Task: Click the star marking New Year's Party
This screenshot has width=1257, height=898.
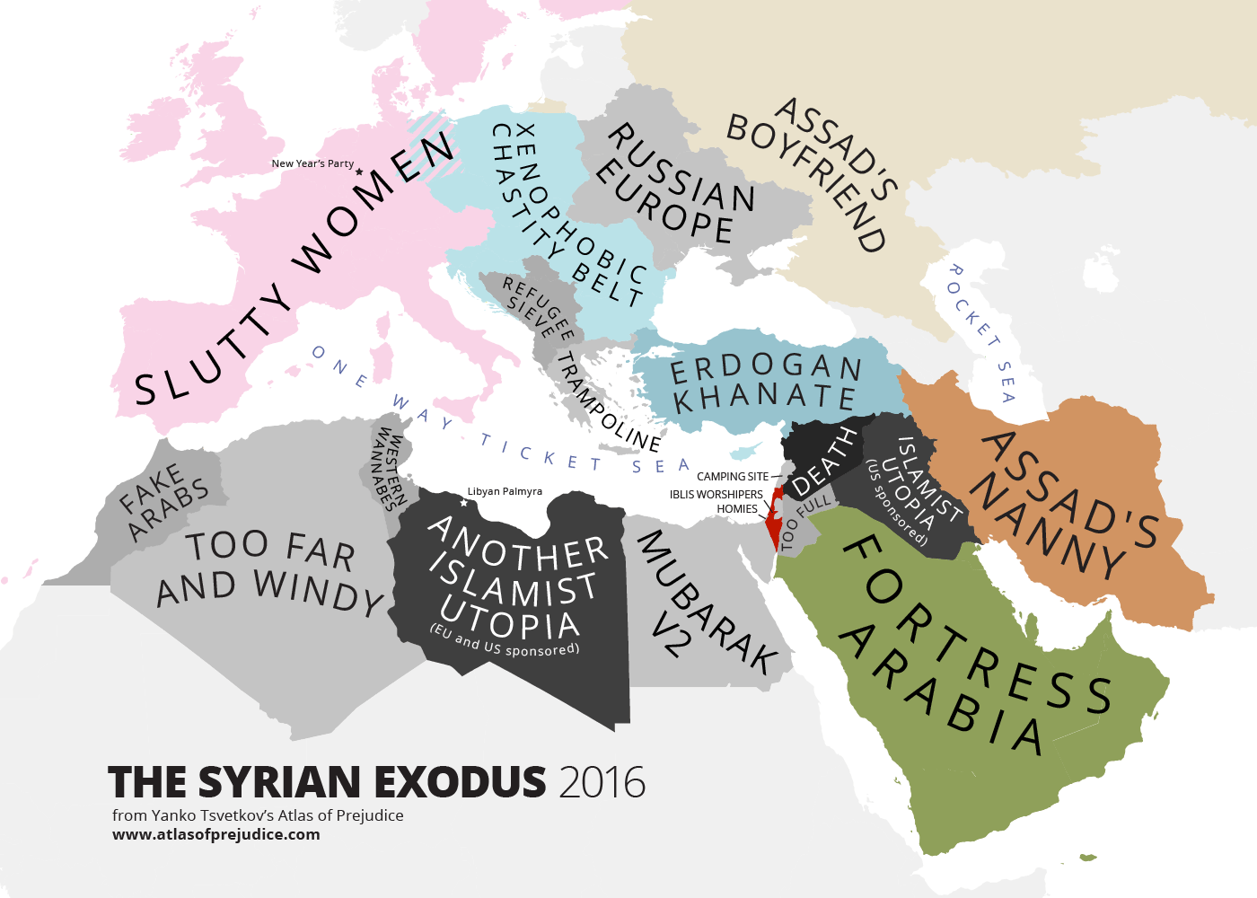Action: (x=359, y=172)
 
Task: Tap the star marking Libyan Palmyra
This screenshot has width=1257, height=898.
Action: (x=463, y=503)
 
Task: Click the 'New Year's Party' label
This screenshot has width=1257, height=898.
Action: (x=312, y=163)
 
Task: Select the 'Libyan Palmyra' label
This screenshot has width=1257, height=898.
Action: (x=505, y=491)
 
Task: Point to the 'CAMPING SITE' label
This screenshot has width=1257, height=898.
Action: (x=733, y=477)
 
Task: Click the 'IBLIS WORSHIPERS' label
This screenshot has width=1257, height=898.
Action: (x=716, y=495)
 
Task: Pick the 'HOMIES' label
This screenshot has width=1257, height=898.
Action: (x=737, y=509)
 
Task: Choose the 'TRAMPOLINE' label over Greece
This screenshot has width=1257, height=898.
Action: (x=607, y=401)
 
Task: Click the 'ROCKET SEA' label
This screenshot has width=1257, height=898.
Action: (x=980, y=332)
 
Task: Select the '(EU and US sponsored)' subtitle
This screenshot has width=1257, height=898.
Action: (x=505, y=641)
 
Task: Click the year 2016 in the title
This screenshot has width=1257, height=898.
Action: (x=602, y=783)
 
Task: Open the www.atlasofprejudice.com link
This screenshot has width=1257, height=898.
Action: (x=215, y=834)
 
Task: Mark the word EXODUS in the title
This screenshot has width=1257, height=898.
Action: (x=459, y=783)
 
